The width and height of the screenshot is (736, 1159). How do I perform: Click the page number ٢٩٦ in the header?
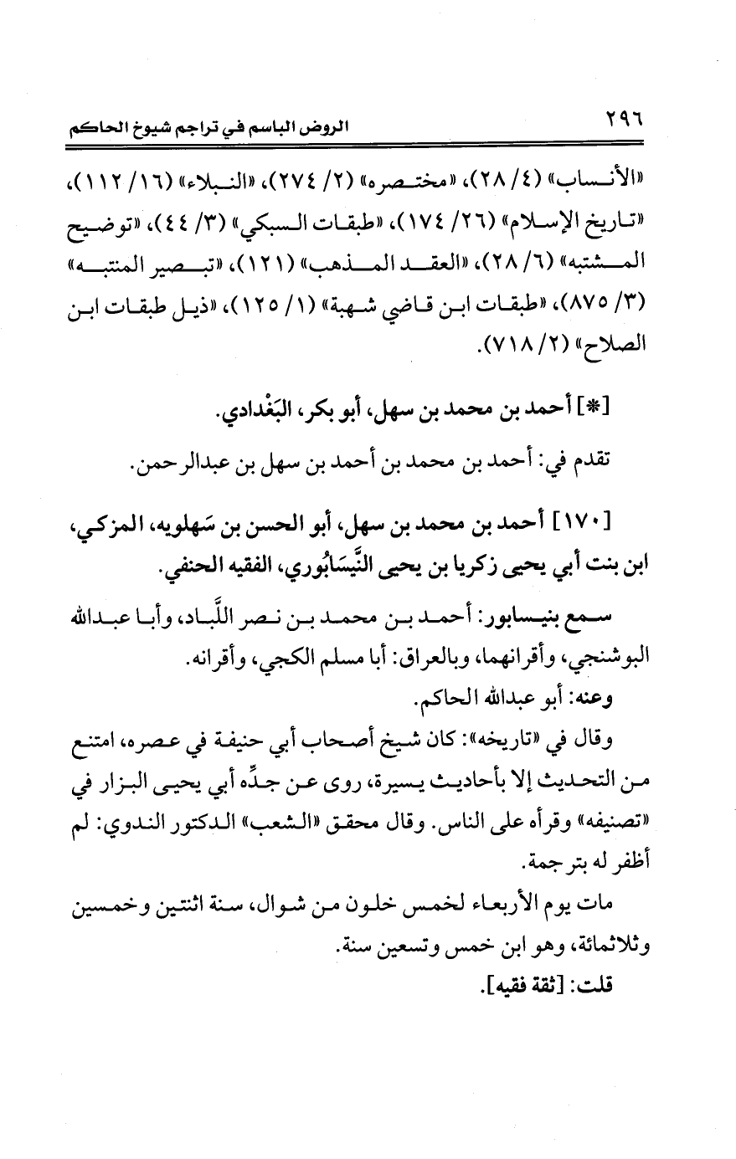(638, 127)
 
